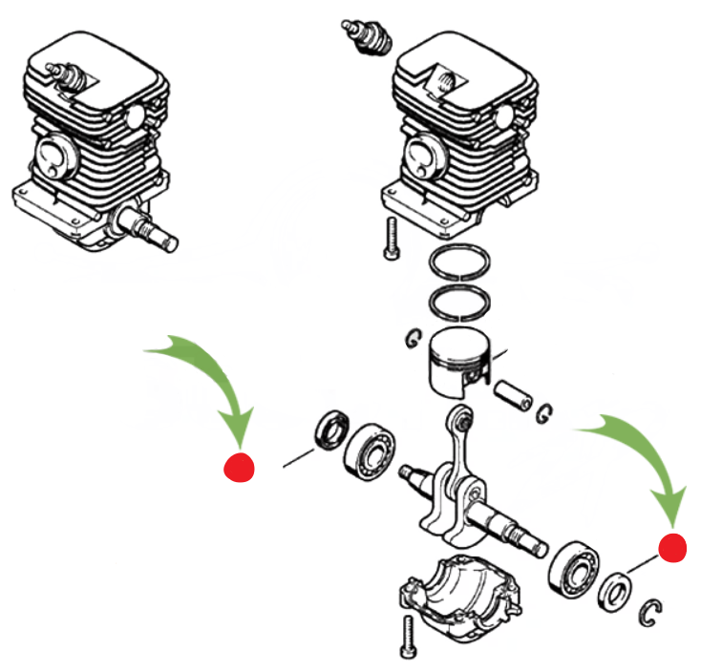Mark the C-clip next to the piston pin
[545, 412]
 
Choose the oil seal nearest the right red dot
[614, 590]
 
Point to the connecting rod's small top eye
[462, 419]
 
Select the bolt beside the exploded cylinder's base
[390, 238]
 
